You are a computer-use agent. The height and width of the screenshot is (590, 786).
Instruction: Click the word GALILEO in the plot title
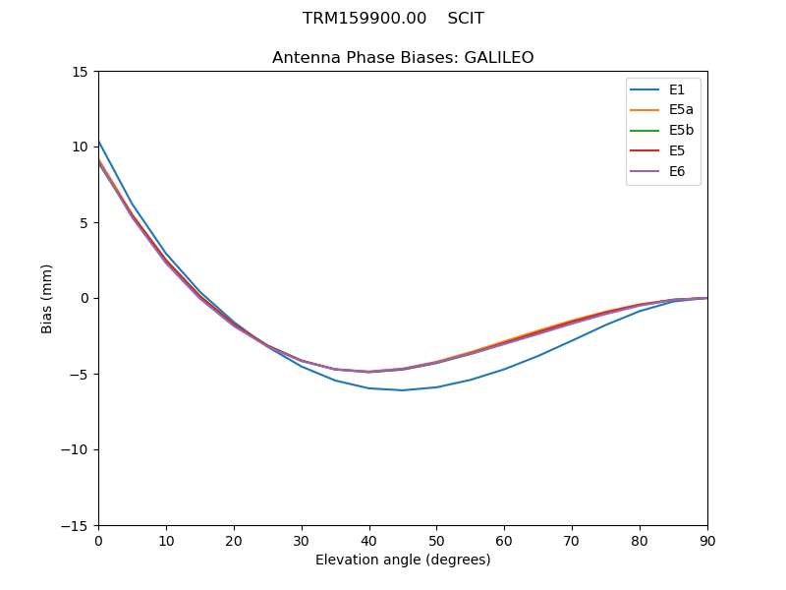pyautogui.click(x=502, y=58)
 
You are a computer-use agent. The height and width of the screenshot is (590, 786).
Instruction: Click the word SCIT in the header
pyautogui.click(x=466, y=19)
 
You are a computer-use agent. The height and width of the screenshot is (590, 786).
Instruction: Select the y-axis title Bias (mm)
pyautogui.click(x=47, y=298)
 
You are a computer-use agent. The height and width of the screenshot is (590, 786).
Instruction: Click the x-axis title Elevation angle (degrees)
pyautogui.click(x=403, y=560)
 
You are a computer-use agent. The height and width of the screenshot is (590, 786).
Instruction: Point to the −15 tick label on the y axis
pyautogui.click(x=76, y=526)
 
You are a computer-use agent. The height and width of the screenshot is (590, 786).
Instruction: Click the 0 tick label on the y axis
pyautogui.click(x=84, y=299)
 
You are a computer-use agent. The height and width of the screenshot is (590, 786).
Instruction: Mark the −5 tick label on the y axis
pyautogui.click(x=80, y=375)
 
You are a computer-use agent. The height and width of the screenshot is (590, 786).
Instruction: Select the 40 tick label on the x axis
pyautogui.click(x=369, y=541)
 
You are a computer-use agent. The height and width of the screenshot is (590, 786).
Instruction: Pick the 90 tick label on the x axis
pyautogui.click(x=707, y=541)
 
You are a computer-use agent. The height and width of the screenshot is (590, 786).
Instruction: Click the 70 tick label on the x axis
pyautogui.click(x=572, y=541)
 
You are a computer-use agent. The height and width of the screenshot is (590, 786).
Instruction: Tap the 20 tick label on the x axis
pyautogui.click(x=234, y=541)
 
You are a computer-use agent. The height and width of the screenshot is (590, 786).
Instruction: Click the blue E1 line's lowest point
pyautogui.click(x=403, y=390)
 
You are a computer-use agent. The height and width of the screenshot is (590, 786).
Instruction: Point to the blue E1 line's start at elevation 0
pyautogui.click(x=99, y=142)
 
